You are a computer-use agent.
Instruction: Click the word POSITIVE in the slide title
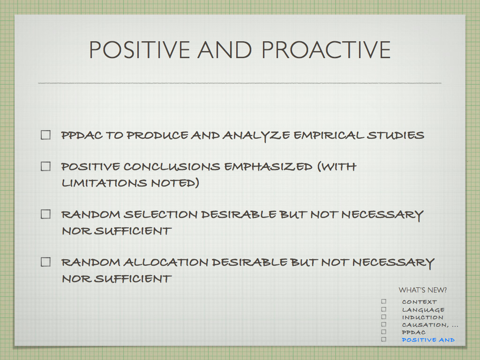coord(140,50)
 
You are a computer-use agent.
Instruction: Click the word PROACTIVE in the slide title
coord(326,50)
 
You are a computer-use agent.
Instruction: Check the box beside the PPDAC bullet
coord(45,135)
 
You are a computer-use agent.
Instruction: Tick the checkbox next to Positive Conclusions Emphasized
coord(45,166)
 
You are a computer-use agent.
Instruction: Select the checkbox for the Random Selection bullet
coord(45,214)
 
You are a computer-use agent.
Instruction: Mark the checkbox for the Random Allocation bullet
coord(45,262)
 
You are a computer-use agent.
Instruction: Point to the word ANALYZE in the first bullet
coord(256,136)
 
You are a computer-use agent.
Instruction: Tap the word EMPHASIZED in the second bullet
coord(268,166)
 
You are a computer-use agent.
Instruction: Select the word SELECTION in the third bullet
coord(161,214)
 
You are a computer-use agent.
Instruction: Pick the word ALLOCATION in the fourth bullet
coord(166,262)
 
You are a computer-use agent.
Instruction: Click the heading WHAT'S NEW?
coord(423,290)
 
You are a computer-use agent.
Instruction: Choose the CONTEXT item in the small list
coord(420,302)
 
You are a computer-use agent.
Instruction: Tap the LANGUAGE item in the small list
coord(423,310)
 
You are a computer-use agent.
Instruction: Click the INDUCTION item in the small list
coord(422,317)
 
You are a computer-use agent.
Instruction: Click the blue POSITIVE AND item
coord(428,340)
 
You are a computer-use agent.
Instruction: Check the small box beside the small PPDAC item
coord(383,332)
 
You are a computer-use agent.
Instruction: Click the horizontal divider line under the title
coord(240,83)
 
